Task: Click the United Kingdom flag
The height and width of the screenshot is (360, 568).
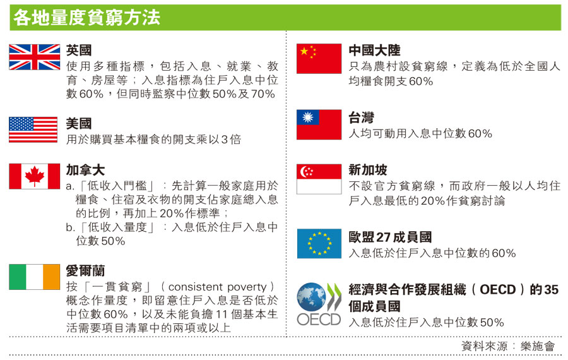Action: click(x=35, y=57)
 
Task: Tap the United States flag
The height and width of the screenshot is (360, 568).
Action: click(x=33, y=129)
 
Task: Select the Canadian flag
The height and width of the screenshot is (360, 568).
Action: click(x=35, y=176)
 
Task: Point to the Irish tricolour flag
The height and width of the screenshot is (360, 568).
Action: click(x=35, y=277)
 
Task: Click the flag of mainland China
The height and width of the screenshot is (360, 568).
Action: click(x=319, y=59)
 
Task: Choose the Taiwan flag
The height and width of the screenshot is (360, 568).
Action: click(x=319, y=124)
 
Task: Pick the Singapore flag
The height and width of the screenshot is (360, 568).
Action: click(x=319, y=179)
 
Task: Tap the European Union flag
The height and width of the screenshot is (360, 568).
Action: click(x=319, y=244)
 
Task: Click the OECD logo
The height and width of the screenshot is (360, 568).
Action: click(x=319, y=304)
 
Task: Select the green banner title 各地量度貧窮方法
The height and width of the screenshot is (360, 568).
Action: click(x=86, y=18)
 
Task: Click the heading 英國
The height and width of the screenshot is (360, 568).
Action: click(x=79, y=50)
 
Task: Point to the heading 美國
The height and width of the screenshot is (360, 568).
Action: click(x=79, y=124)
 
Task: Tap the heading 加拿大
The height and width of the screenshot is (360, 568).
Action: click(x=85, y=170)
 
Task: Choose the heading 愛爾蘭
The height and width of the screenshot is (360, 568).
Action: click(x=85, y=270)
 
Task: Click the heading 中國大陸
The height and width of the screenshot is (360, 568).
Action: click(x=374, y=50)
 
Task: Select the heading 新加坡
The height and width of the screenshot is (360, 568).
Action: click(x=368, y=170)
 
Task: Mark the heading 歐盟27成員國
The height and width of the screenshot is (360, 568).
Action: click(x=390, y=237)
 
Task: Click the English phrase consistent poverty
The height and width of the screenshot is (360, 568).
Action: click(x=217, y=287)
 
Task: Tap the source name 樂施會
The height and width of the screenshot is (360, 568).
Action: click(x=538, y=346)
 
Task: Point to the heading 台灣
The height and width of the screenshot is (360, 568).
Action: click(x=361, y=117)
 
